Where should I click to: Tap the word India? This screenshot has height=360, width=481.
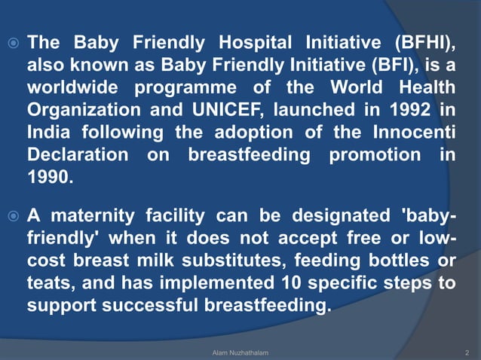click(x=49, y=132)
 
